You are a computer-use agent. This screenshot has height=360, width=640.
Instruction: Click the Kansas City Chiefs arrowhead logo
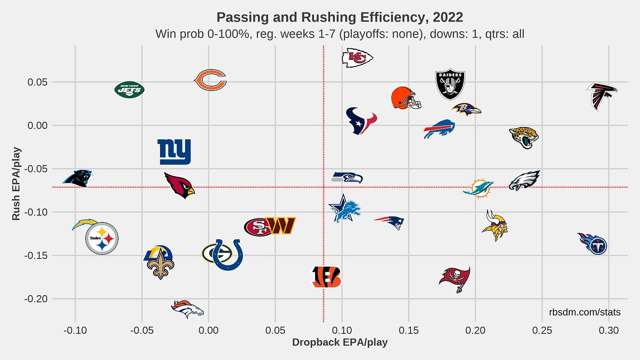click(x=357, y=58)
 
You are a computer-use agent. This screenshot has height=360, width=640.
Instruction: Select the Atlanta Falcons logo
click(x=602, y=96)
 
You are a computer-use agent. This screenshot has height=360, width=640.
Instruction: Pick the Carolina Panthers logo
click(x=78, y=178)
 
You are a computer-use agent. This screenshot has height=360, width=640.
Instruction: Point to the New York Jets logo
click(x=129, y=90)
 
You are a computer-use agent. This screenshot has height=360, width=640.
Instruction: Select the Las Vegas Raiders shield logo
click(x=450, y=84)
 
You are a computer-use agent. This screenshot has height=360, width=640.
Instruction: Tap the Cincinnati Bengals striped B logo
click(x=327, y=277)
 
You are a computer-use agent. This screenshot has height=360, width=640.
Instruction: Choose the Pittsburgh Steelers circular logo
click(x=102, y=238)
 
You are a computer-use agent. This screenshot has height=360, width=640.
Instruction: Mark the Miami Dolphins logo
click(x=479, y=189)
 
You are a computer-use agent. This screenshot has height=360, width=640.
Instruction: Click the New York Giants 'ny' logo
click(x=175, y=152)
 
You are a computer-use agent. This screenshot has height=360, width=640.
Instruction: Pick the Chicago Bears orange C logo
click(x=210, y=80)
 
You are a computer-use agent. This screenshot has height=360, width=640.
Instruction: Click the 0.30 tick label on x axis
click(x=608, y=330)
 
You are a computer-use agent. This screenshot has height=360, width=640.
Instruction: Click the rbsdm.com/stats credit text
click(x=585, y=312)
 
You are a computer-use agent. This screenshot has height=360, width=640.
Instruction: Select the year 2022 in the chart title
click(x=448, y=18)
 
